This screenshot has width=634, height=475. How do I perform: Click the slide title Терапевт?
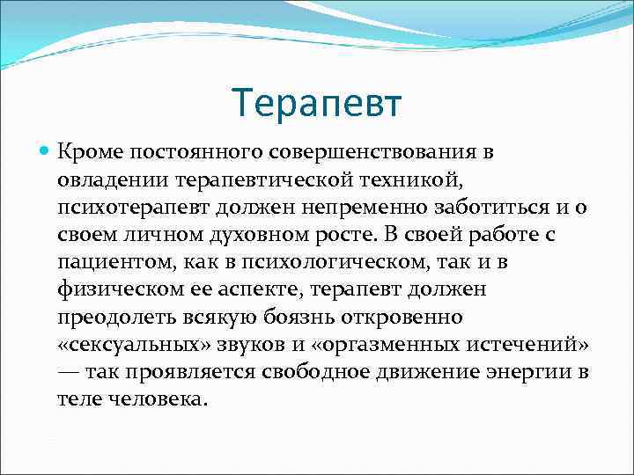[x=317, y=103]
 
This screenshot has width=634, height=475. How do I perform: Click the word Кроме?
[x=85, y=153]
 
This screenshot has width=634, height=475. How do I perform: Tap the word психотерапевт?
[x=122, y=208]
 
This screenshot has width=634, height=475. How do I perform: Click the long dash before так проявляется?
[x=70, y=372]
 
